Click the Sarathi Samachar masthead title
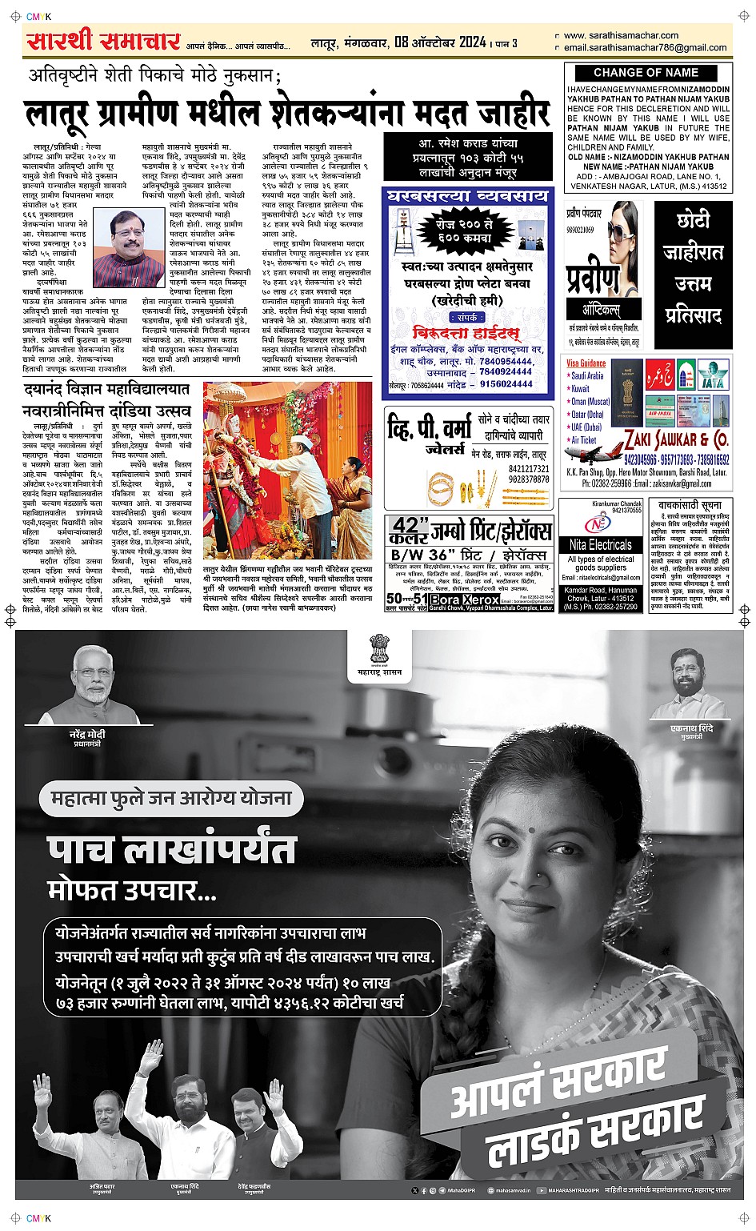tap(103, 40)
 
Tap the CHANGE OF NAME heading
tap(646, 72)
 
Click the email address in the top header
tap(645, 47)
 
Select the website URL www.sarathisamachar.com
tap(621, 35)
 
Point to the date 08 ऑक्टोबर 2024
tap(440, 42)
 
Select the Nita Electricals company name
tap(600, 544)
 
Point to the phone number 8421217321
tap(529, 469)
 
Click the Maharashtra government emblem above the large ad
tap(379, 649)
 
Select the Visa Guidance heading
tap(586, 363)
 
